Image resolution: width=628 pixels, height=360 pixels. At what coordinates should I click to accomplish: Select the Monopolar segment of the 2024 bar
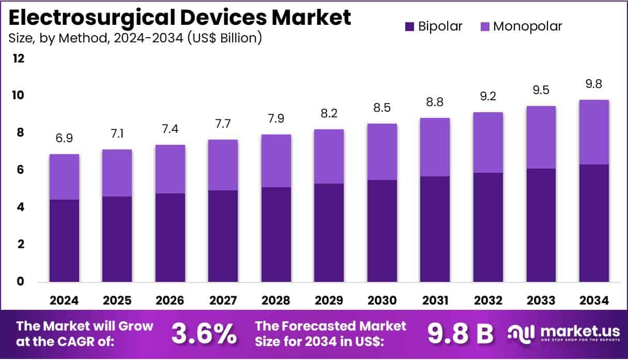(64, 177)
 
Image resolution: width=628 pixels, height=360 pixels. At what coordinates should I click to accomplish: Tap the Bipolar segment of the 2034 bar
(594, 223)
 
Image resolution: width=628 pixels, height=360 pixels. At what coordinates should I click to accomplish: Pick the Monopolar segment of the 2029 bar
(329, 156)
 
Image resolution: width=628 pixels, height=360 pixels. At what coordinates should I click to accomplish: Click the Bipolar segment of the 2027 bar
(223, 236)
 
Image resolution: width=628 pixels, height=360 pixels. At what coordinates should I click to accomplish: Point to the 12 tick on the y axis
(19, 58)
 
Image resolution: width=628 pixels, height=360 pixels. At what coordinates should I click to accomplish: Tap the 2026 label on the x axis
(170, 301)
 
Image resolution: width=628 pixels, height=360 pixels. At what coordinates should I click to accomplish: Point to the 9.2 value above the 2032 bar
(488, 96)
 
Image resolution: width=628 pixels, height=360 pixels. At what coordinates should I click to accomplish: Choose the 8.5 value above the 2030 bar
(382, 109)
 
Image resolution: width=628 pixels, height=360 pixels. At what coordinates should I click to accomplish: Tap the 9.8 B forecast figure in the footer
(459, 334)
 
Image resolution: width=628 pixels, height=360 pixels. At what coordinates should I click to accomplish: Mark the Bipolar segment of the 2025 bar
(117, 239)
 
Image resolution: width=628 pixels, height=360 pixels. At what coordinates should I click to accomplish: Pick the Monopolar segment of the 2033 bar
(541, 137)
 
